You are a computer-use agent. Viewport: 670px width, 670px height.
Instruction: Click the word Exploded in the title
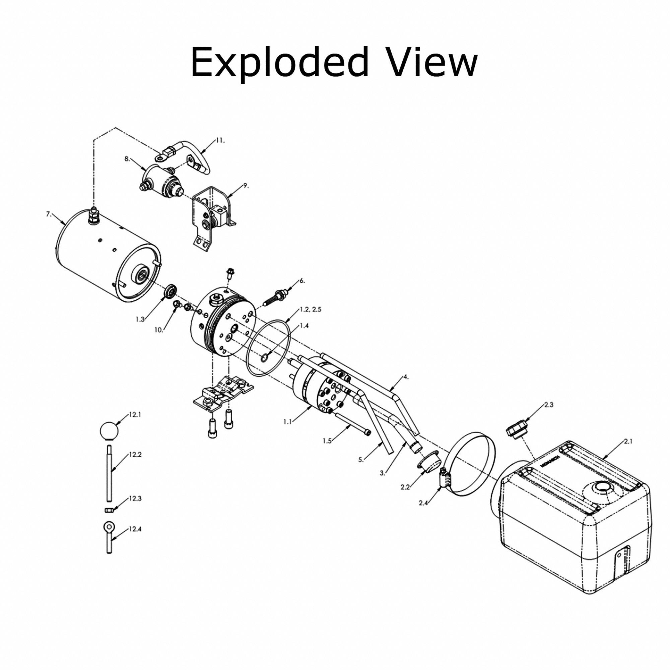(279, 62)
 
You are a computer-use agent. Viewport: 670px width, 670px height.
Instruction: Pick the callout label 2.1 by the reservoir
(628, 442)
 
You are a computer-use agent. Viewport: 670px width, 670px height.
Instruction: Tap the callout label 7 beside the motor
(49, 214)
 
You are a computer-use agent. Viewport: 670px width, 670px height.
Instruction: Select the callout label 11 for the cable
(220, 140)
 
